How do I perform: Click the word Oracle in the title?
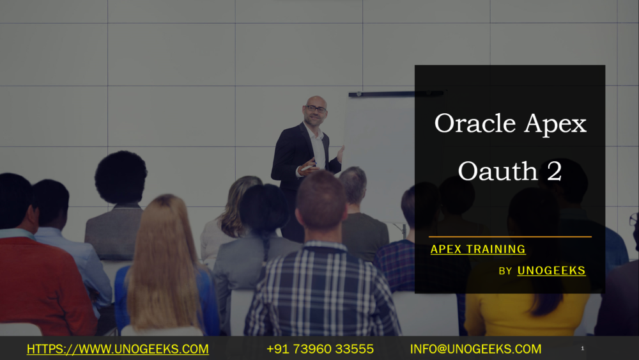coord(474,123)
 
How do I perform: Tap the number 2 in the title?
coord(553,171)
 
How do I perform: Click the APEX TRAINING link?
coord(478,249)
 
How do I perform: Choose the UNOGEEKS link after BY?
coord(551,270)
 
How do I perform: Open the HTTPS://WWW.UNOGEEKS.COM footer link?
coord(118,349)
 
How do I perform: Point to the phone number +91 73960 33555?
coord(319,349)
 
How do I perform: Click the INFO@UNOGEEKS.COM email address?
coord(475,349)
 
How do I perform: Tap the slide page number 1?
coord(583,348)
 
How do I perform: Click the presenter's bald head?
coord(315,102)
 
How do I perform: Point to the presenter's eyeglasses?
coord(316,109)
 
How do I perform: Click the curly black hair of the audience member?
coord(121,177)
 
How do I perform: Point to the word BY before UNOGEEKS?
coord(505,271)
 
